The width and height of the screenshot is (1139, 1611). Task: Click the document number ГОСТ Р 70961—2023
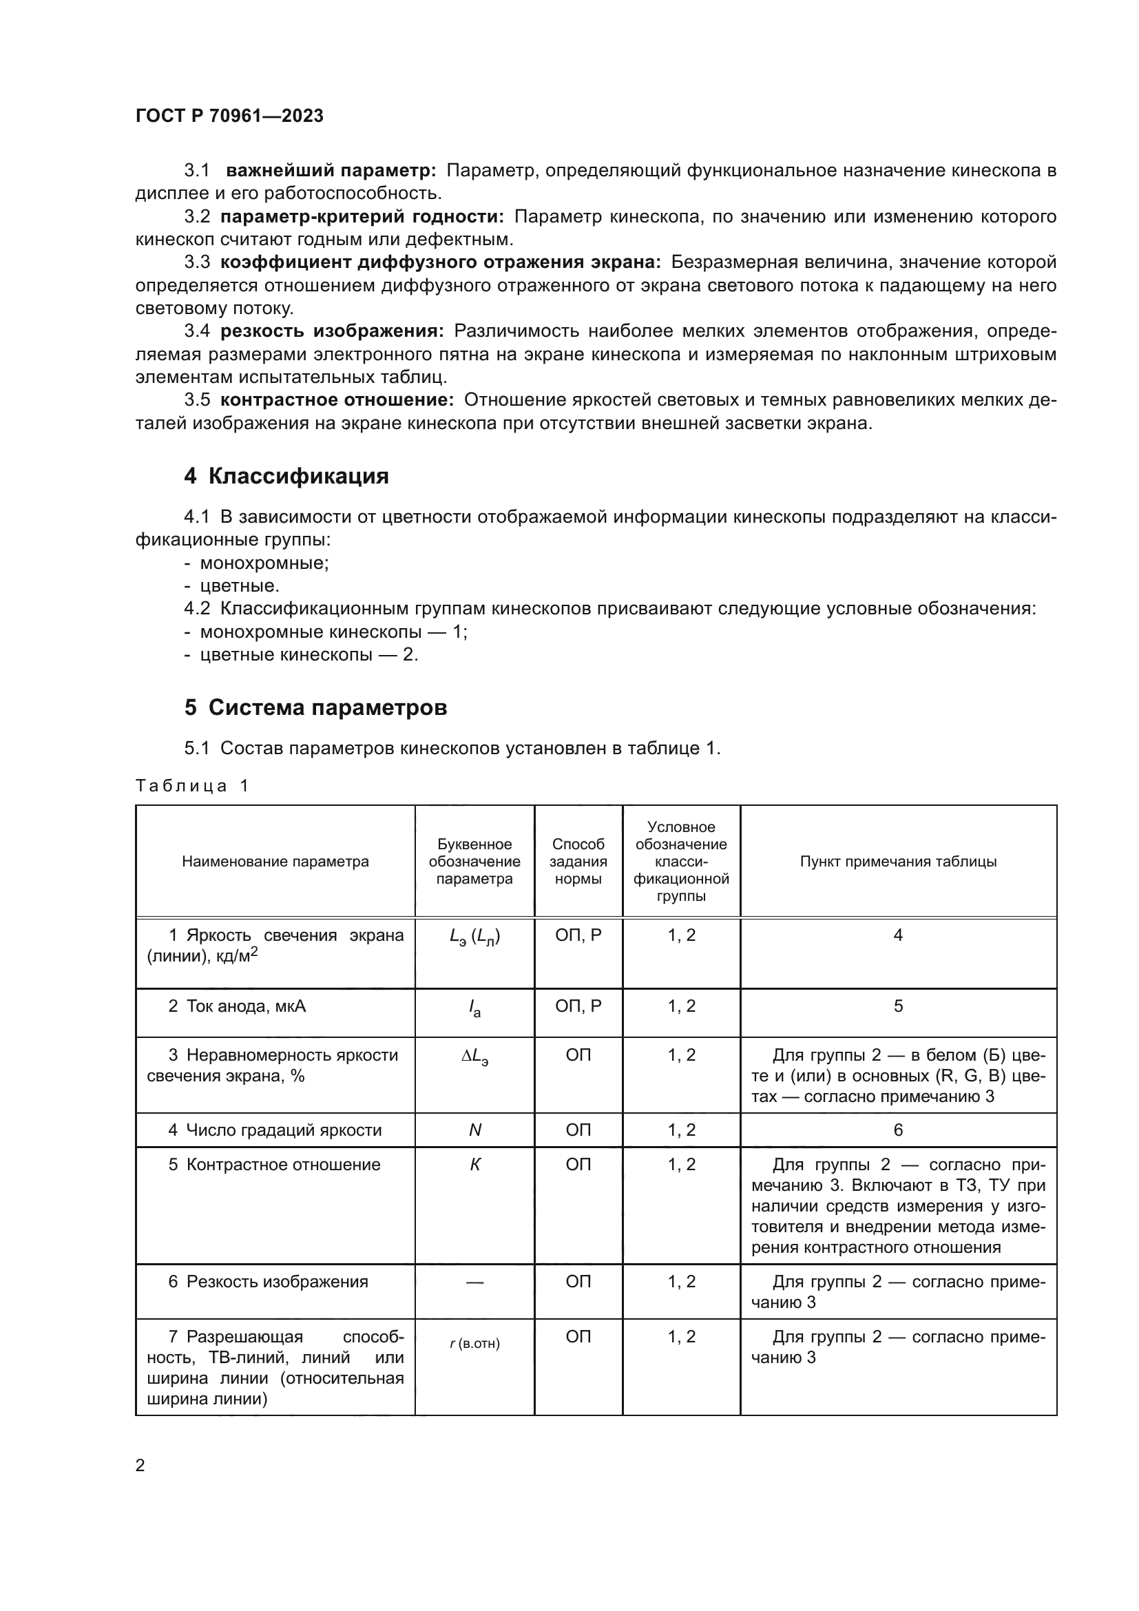pos(229,116)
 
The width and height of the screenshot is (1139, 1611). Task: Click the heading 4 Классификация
pos(286,477)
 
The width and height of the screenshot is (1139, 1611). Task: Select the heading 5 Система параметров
pos(315,707)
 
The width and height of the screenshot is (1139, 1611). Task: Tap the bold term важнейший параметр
pos(331,171)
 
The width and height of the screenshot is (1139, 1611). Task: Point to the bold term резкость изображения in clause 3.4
pos(332,331)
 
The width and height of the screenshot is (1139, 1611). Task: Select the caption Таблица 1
pos(192,785)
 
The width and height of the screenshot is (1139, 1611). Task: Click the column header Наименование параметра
pos(275,862)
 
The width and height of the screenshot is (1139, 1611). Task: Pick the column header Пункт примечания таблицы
pos(898,862)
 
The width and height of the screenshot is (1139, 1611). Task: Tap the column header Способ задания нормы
pos(578,862)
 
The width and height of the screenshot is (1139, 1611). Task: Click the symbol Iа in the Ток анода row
pos(475,1008)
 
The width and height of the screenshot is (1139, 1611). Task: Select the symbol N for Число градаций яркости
pos(475,1130)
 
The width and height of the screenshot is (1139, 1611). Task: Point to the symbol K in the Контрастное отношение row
pos(475,1165)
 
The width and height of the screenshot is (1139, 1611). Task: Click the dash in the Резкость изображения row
pos(475,1282)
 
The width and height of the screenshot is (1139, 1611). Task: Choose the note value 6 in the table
pos(898,1130)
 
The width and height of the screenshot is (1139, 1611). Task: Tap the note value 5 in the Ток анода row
pos(898,1006)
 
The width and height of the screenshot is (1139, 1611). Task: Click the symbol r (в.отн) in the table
pos(475,1343)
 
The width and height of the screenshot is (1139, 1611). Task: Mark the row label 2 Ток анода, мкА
pos(237,1006)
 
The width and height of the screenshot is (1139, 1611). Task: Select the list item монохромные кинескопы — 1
pos(334,632)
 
